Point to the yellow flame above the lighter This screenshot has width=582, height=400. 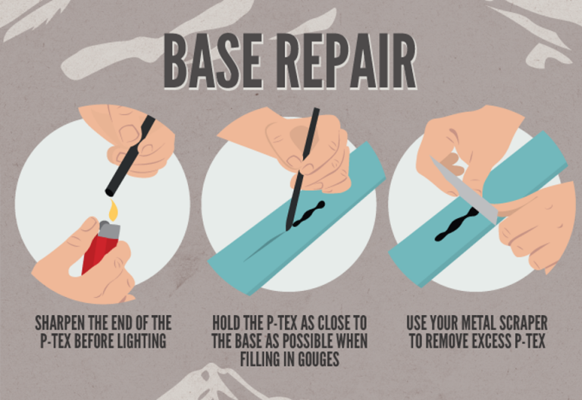coord(113,210)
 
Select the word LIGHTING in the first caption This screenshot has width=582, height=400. coord(136,342)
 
